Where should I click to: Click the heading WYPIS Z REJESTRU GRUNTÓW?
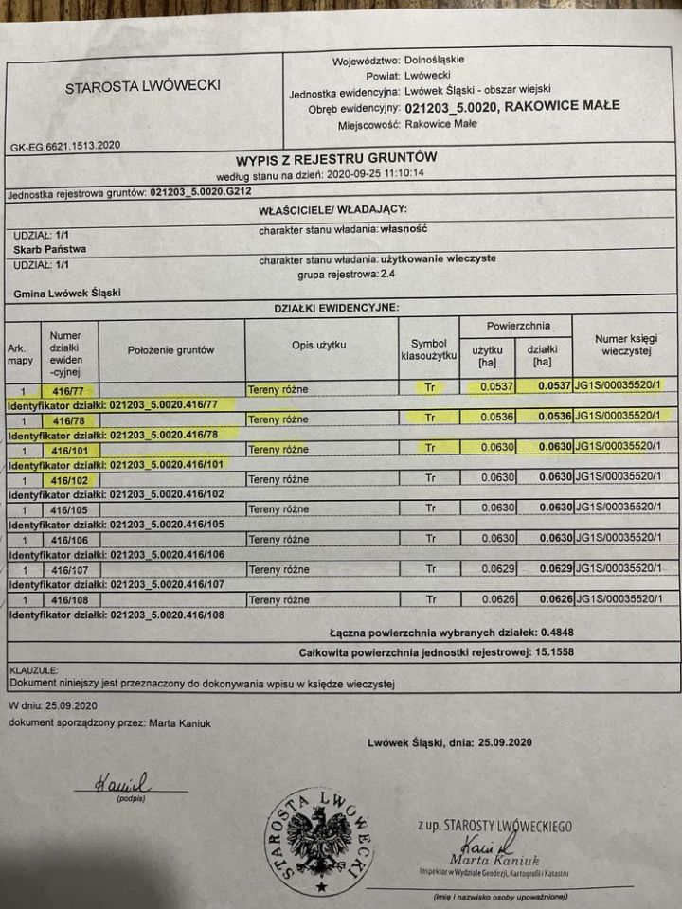(x=336, y=159)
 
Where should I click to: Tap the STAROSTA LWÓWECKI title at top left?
(x=143, y=86)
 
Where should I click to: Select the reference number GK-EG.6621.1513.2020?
(x=65, y=147)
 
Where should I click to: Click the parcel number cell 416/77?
(x=69, y=388)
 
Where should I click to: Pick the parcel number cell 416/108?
(x=69, y=599)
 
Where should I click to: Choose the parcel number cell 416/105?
(x=69, y=508)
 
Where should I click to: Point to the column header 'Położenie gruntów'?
(x=171, y=349)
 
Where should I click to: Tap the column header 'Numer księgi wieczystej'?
(x=626, y=346)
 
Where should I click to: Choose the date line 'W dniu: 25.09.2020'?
(x=52, y=705)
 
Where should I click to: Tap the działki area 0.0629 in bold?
(x=554, y=569)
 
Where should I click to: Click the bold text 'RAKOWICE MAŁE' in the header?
(x=563, y=106)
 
